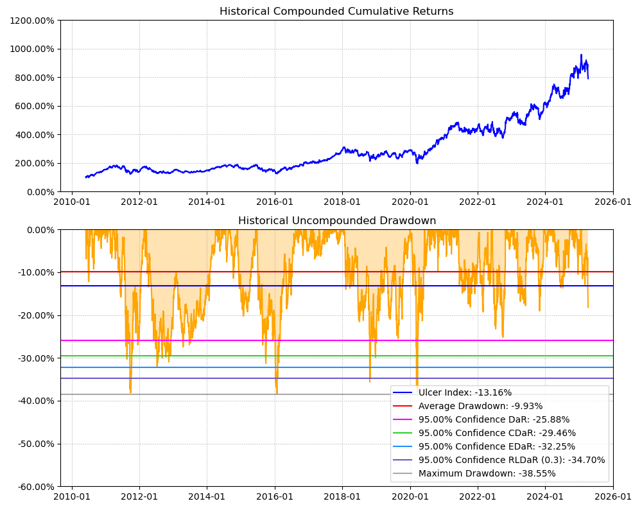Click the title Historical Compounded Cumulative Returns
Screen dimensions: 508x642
point(336,12)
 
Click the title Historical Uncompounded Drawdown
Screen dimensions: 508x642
point(336,221)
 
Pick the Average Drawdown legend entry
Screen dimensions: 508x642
point(480,406)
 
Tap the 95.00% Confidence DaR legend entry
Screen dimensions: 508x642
point(494,419)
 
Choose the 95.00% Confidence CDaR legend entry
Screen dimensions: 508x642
point(497,433)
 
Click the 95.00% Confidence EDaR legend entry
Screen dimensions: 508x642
point(497,446)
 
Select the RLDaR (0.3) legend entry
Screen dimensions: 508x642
point(512,460)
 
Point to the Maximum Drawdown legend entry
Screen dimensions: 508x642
point(487,473)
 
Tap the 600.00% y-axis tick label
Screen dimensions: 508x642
point(34,106)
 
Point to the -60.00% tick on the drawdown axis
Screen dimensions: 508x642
point(33,486)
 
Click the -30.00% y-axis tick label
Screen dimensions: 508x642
point(33,358)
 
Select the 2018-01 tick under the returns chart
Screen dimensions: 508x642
point(342,202)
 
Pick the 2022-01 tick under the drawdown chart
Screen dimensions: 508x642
point(478,496)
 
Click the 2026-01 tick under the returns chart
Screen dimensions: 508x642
point(613,202)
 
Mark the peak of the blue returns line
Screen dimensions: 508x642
point(581,55)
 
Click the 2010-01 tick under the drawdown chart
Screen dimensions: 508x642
point(71,496)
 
